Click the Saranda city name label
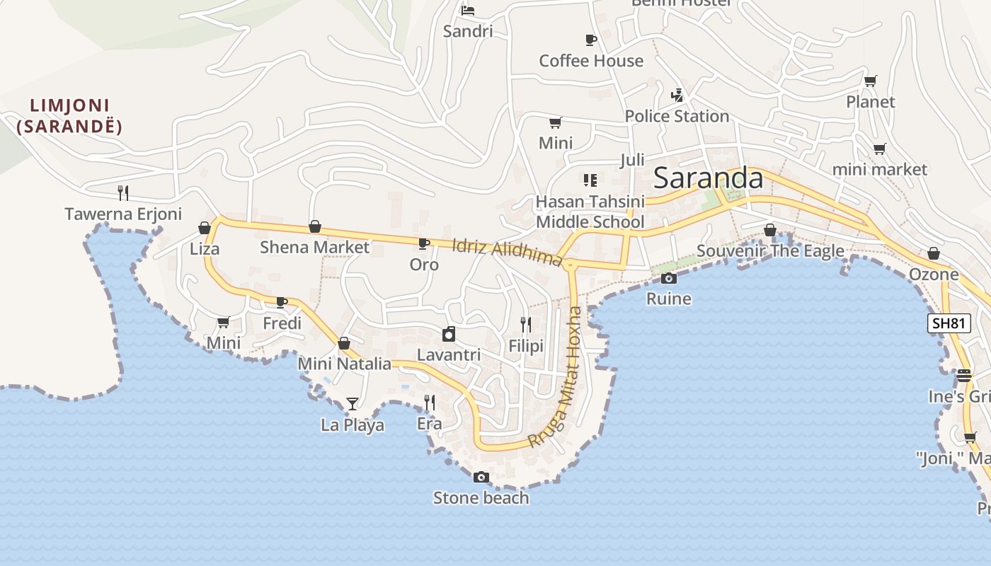click(708, 178)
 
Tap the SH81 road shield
click(949, 323)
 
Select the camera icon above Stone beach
click(481, 477)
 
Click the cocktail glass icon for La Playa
click(353, 404)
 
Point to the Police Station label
click(677, 116)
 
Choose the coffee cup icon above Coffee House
click(591, 40)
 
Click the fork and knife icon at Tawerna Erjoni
click(123, 192)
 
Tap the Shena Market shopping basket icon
click(315, 226)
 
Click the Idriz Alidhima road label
click(507, 252)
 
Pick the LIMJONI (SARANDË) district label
click(69, 117)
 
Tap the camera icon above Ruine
click(669, 278)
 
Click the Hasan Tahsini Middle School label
click(590, 212)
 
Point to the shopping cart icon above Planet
click(871, 81)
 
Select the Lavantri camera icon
click(449, 334)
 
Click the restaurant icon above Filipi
click(526, 325)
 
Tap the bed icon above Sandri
click(468, 10)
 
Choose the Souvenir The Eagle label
click(770, 250)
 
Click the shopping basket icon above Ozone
click(934, 253)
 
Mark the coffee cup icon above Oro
click(424, 244)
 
